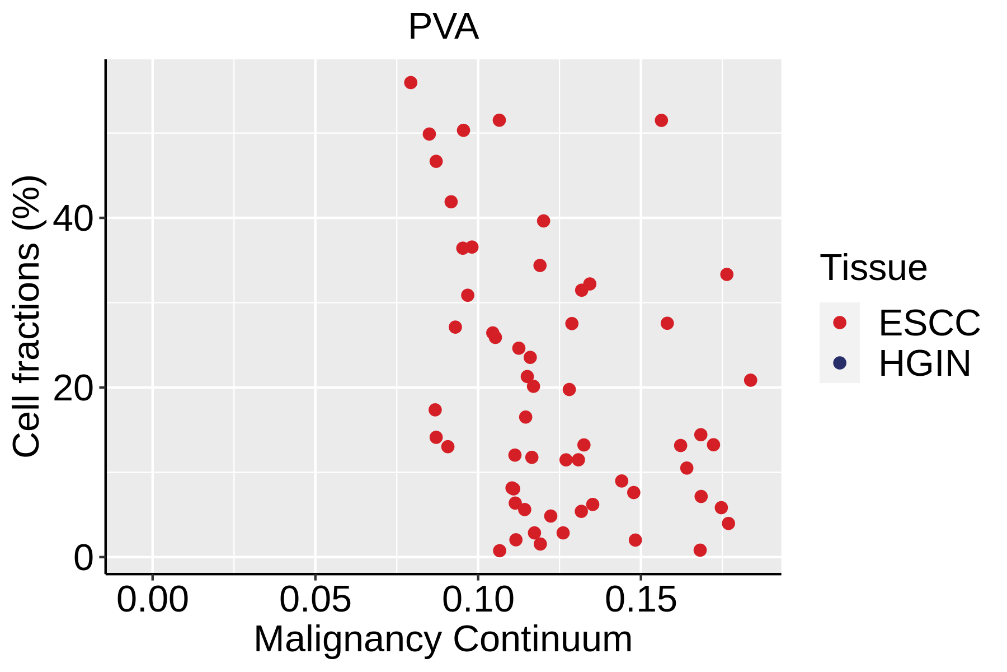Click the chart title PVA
[x=443, y=27]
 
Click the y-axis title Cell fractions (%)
[x=27, y=316]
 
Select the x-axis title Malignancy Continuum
[x=443, y=639]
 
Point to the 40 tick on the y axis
[x=73, y=219]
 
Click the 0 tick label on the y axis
[x=84, y=558]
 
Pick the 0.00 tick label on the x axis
[x=152, y=600]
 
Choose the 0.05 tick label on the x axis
[x=315, y=600]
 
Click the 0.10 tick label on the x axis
[x=478, y=600]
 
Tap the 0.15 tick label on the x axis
[x=641, y=600]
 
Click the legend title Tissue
[x=873, y=268]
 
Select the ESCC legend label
[x=929, y=323]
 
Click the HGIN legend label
[x=924, y=363]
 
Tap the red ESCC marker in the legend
[x=840, y=323]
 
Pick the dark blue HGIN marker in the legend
[x=840, y=363]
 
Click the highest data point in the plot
[x=411, y=83]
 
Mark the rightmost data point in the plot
[x=750, y=380]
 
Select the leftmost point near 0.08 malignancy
[x=411, y=83]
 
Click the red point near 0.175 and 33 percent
[x=727, y=274]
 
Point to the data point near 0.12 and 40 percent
[x=543, y=221]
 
